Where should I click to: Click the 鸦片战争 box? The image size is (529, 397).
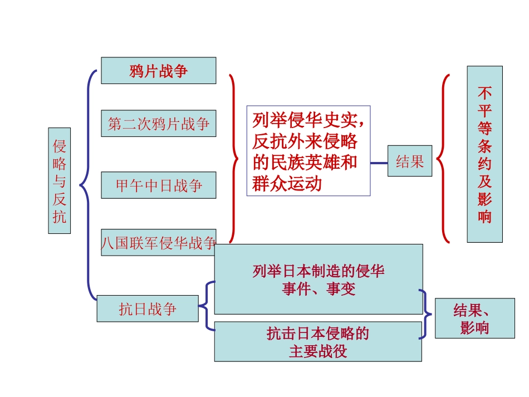point(158,71)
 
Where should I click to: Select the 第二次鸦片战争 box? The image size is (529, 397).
point(158,124)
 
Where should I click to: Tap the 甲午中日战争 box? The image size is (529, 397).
point(158,185)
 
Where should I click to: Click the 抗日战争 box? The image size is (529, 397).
point(147,308)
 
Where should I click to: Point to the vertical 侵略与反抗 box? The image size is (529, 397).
point(59,180)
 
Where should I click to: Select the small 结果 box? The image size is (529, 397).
point(410,161)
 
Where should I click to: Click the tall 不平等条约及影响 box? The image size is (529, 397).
point(484,154)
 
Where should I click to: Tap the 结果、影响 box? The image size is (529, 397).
point(474,318)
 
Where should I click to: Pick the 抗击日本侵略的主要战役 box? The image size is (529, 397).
point(317,342)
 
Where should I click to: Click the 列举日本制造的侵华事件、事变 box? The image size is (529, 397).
point(318,280)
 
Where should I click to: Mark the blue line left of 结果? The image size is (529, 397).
point(379,163)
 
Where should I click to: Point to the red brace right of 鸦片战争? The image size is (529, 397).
point(234,159)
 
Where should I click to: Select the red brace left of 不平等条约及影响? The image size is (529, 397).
point(443,159)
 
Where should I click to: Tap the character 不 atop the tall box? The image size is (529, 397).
point(484,92)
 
